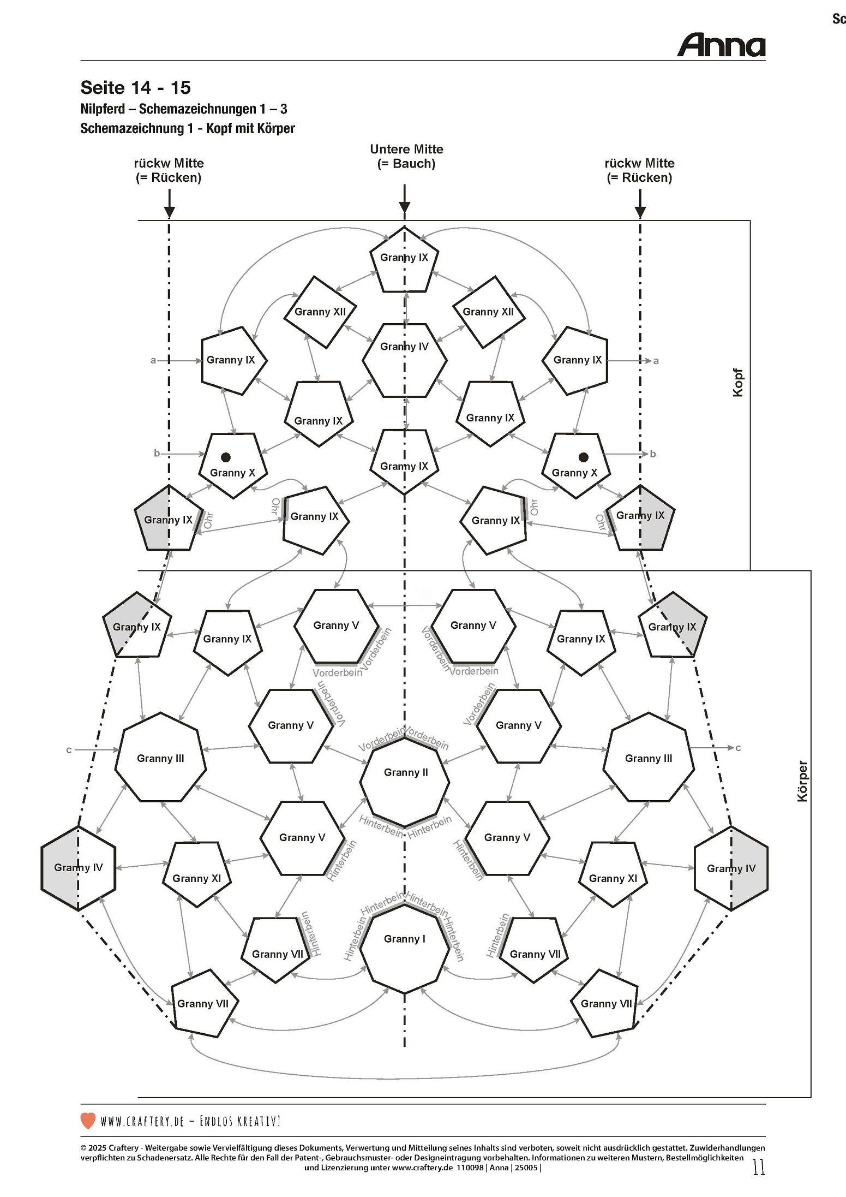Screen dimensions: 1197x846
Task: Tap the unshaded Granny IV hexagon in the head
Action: (405, 360)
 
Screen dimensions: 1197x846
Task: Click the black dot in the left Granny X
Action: (225, 457)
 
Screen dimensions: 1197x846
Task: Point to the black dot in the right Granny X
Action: (583, 457)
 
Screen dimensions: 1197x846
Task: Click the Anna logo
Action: (721, 45)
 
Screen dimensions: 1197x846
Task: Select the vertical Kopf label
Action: (738, 383)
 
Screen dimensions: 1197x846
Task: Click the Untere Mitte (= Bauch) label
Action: (406, 156)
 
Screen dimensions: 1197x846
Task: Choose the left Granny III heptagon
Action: (160, 758)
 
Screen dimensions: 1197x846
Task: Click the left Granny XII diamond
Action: (320, 312)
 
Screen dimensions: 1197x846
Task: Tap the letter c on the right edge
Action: (738, 748)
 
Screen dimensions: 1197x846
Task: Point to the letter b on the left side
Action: (157, 453)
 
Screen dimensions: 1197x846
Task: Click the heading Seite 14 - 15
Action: (135, 87)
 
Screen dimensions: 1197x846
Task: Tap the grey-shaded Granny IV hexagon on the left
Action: (78, 867)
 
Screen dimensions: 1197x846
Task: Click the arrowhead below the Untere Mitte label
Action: (404, 207)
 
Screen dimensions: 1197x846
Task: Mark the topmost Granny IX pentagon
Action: (404, 259)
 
